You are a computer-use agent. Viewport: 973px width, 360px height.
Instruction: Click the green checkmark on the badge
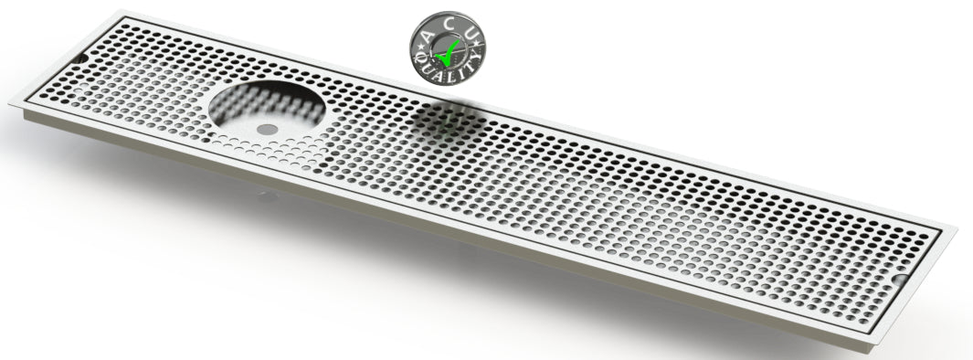449,53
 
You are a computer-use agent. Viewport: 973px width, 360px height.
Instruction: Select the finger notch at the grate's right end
901,279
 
